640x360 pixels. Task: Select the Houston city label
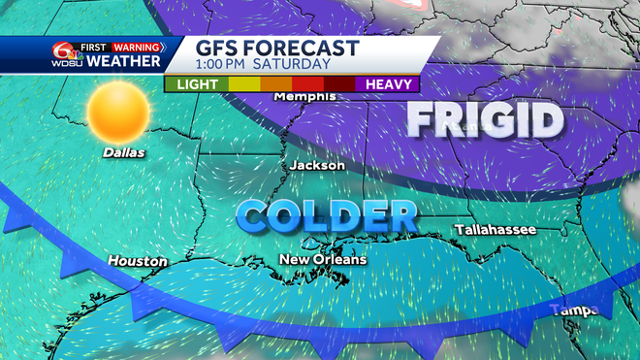point(137,261)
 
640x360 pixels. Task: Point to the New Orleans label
point(323,259)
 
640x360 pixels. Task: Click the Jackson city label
point(317,166)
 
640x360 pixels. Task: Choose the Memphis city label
point(305,97)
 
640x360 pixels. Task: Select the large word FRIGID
point(485,121)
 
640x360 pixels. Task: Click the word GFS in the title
point(222,49)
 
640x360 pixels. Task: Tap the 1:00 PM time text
point(233,65)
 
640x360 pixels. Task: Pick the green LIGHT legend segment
point(196,83)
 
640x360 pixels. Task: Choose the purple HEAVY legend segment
point(388,83)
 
